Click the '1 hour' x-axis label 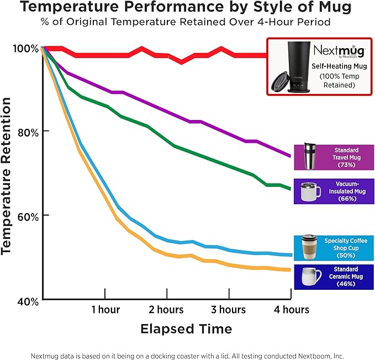point(106,309)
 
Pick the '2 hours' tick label point(166,309)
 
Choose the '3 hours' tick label point(228,309)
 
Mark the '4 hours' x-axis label point(291,309)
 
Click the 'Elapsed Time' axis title point(186,329)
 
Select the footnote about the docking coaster point(187,349)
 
